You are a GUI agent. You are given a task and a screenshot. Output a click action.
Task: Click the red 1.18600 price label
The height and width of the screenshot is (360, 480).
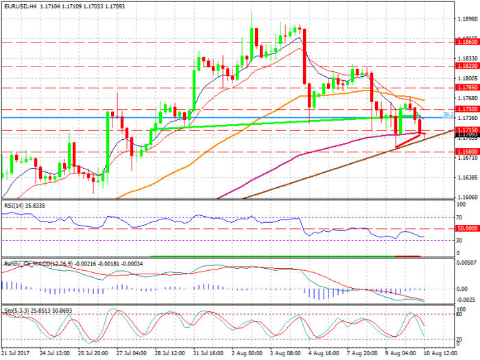pyautogui.click(x=466, y=42)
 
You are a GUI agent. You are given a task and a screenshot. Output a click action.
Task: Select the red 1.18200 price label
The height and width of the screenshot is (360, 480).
pyautogui.click(x=466, y=66)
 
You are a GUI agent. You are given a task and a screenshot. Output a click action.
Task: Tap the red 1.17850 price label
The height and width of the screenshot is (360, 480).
pyautogui.click(x=466, y=88)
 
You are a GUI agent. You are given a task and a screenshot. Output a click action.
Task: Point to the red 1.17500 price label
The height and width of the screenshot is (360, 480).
pyautogui.click(x=466, y=109)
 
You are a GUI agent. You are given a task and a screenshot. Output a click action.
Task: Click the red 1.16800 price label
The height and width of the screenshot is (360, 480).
pyautogui.click(x=466, y=152)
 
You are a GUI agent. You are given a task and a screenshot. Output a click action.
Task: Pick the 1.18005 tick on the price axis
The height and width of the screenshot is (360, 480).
pyautogui.click(x=466, y=78)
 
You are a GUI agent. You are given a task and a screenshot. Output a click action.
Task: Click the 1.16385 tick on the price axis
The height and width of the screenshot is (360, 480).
pyautogui.click(x=466, y=177)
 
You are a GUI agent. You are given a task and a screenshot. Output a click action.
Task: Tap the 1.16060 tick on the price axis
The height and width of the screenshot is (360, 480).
pyautogui.click(x=466, y=197)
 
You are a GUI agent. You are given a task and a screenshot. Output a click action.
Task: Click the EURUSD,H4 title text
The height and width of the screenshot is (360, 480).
pyautogui.click(x=21, y=5)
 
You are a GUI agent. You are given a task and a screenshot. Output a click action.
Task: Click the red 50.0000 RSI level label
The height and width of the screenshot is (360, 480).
pyautogui.click(x=466, y=228)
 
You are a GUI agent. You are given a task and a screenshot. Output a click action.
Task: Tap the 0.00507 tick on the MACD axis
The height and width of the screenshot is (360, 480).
pyautogui.click(x=466, y=263)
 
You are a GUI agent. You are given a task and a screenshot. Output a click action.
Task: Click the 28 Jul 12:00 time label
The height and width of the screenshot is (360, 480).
pyautogui.click(x=171, y=354)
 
